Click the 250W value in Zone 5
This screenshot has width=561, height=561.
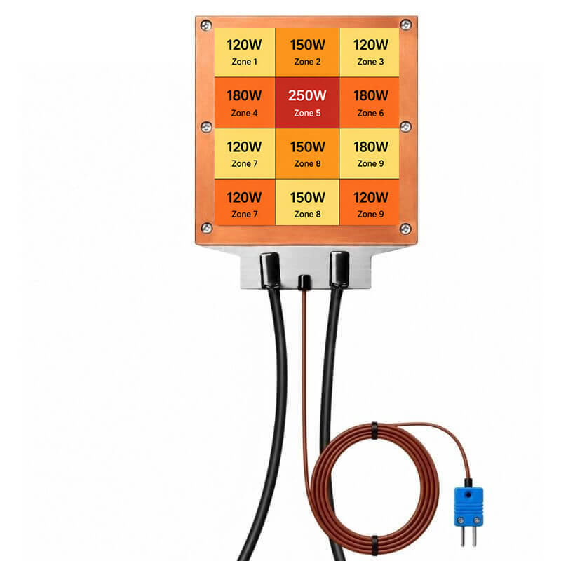(x=307, y=95)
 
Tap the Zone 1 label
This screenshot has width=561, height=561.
(x=244, y=62)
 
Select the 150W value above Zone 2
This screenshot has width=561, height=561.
(x=307, y=45)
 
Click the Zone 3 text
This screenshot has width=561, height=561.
(x=370, y=62)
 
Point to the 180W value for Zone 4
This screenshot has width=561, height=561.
(x=244, y=95)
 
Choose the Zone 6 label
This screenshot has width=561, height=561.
(x=370, y=113)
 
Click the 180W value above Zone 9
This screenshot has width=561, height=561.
(x=371, y=147)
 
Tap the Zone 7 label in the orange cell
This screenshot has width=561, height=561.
(x=244, y=214)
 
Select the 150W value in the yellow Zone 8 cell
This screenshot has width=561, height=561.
(x=307, y=198)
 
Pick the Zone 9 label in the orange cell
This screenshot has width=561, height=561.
(x=370, y=214)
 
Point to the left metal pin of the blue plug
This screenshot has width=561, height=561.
(x=463, y=536)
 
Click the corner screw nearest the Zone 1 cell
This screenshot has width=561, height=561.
(x=206, y=25)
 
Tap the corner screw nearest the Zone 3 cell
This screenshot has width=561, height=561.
(x=405, y=25)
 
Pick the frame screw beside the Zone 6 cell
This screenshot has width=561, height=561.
(x=405, y=127)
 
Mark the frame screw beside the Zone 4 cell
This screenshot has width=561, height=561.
(x=206, y=127)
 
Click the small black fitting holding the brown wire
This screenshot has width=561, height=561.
(x=304, y=283)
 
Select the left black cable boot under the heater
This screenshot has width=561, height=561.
(x=270, y=270)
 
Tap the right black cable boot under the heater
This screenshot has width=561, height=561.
(x=339, y=269)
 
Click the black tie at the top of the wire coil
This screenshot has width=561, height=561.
(x=374, y=431)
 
